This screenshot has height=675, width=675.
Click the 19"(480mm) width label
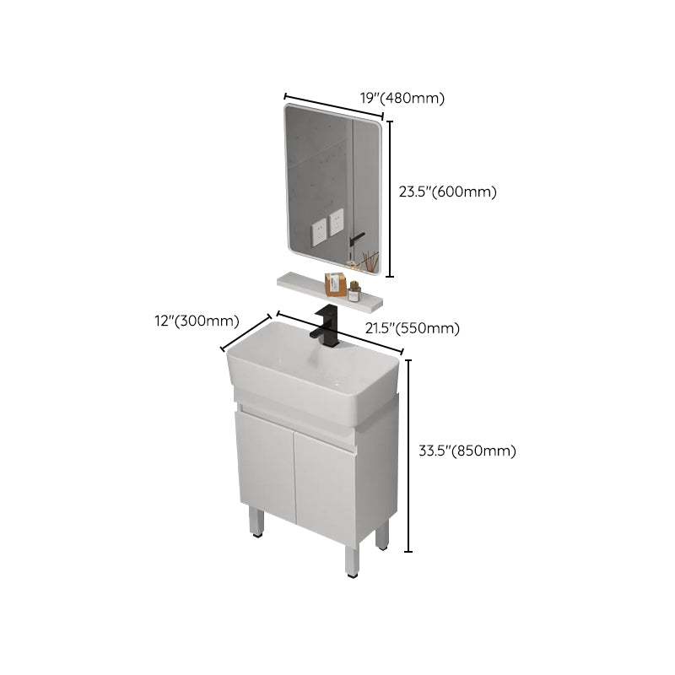tap(402, 99)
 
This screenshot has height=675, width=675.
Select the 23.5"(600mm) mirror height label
tap(448, 192)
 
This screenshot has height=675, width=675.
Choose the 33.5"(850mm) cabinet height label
tap(467, 451)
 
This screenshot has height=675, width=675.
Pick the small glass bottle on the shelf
tap(355, 291)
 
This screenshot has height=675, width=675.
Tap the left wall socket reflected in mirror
tap(318, 230)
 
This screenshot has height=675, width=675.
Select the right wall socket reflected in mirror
tap(337, 222)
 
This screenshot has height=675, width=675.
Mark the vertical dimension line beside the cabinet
tap(409, 456)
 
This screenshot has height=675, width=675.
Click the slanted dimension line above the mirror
tap(335, 107)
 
